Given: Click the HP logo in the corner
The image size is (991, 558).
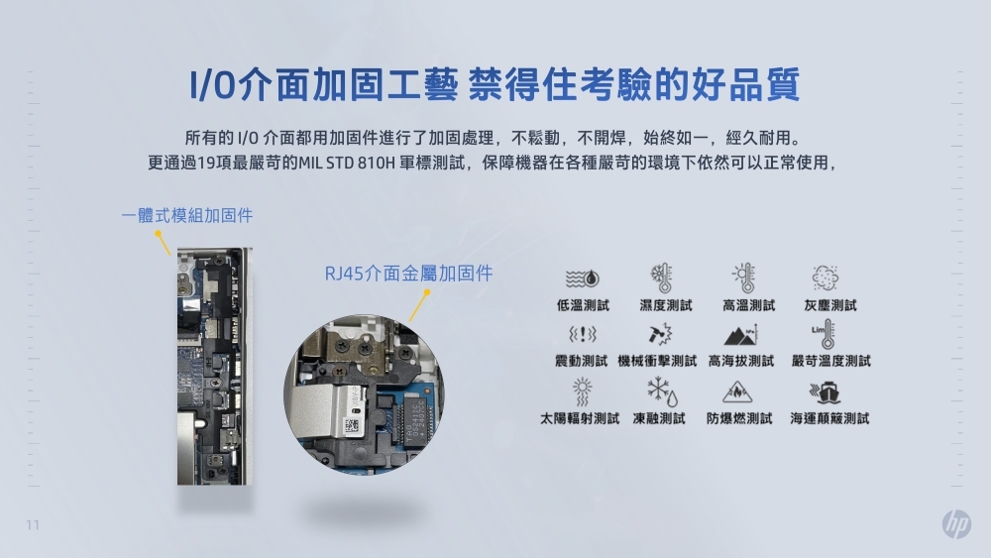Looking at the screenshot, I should click(x=956, y=524).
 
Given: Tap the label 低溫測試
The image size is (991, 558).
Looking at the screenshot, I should click(x=583, y=305).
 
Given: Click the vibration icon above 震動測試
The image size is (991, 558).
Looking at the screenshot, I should click(x=582, y=334).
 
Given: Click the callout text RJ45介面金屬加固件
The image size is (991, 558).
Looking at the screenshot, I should click(x=408, y=273).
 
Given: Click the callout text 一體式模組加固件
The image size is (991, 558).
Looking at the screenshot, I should click(x=187, y=215).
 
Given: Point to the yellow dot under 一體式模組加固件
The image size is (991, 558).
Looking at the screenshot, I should click(x=158, y=235).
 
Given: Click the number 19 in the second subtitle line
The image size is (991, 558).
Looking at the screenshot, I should click(x=204, y=162).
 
